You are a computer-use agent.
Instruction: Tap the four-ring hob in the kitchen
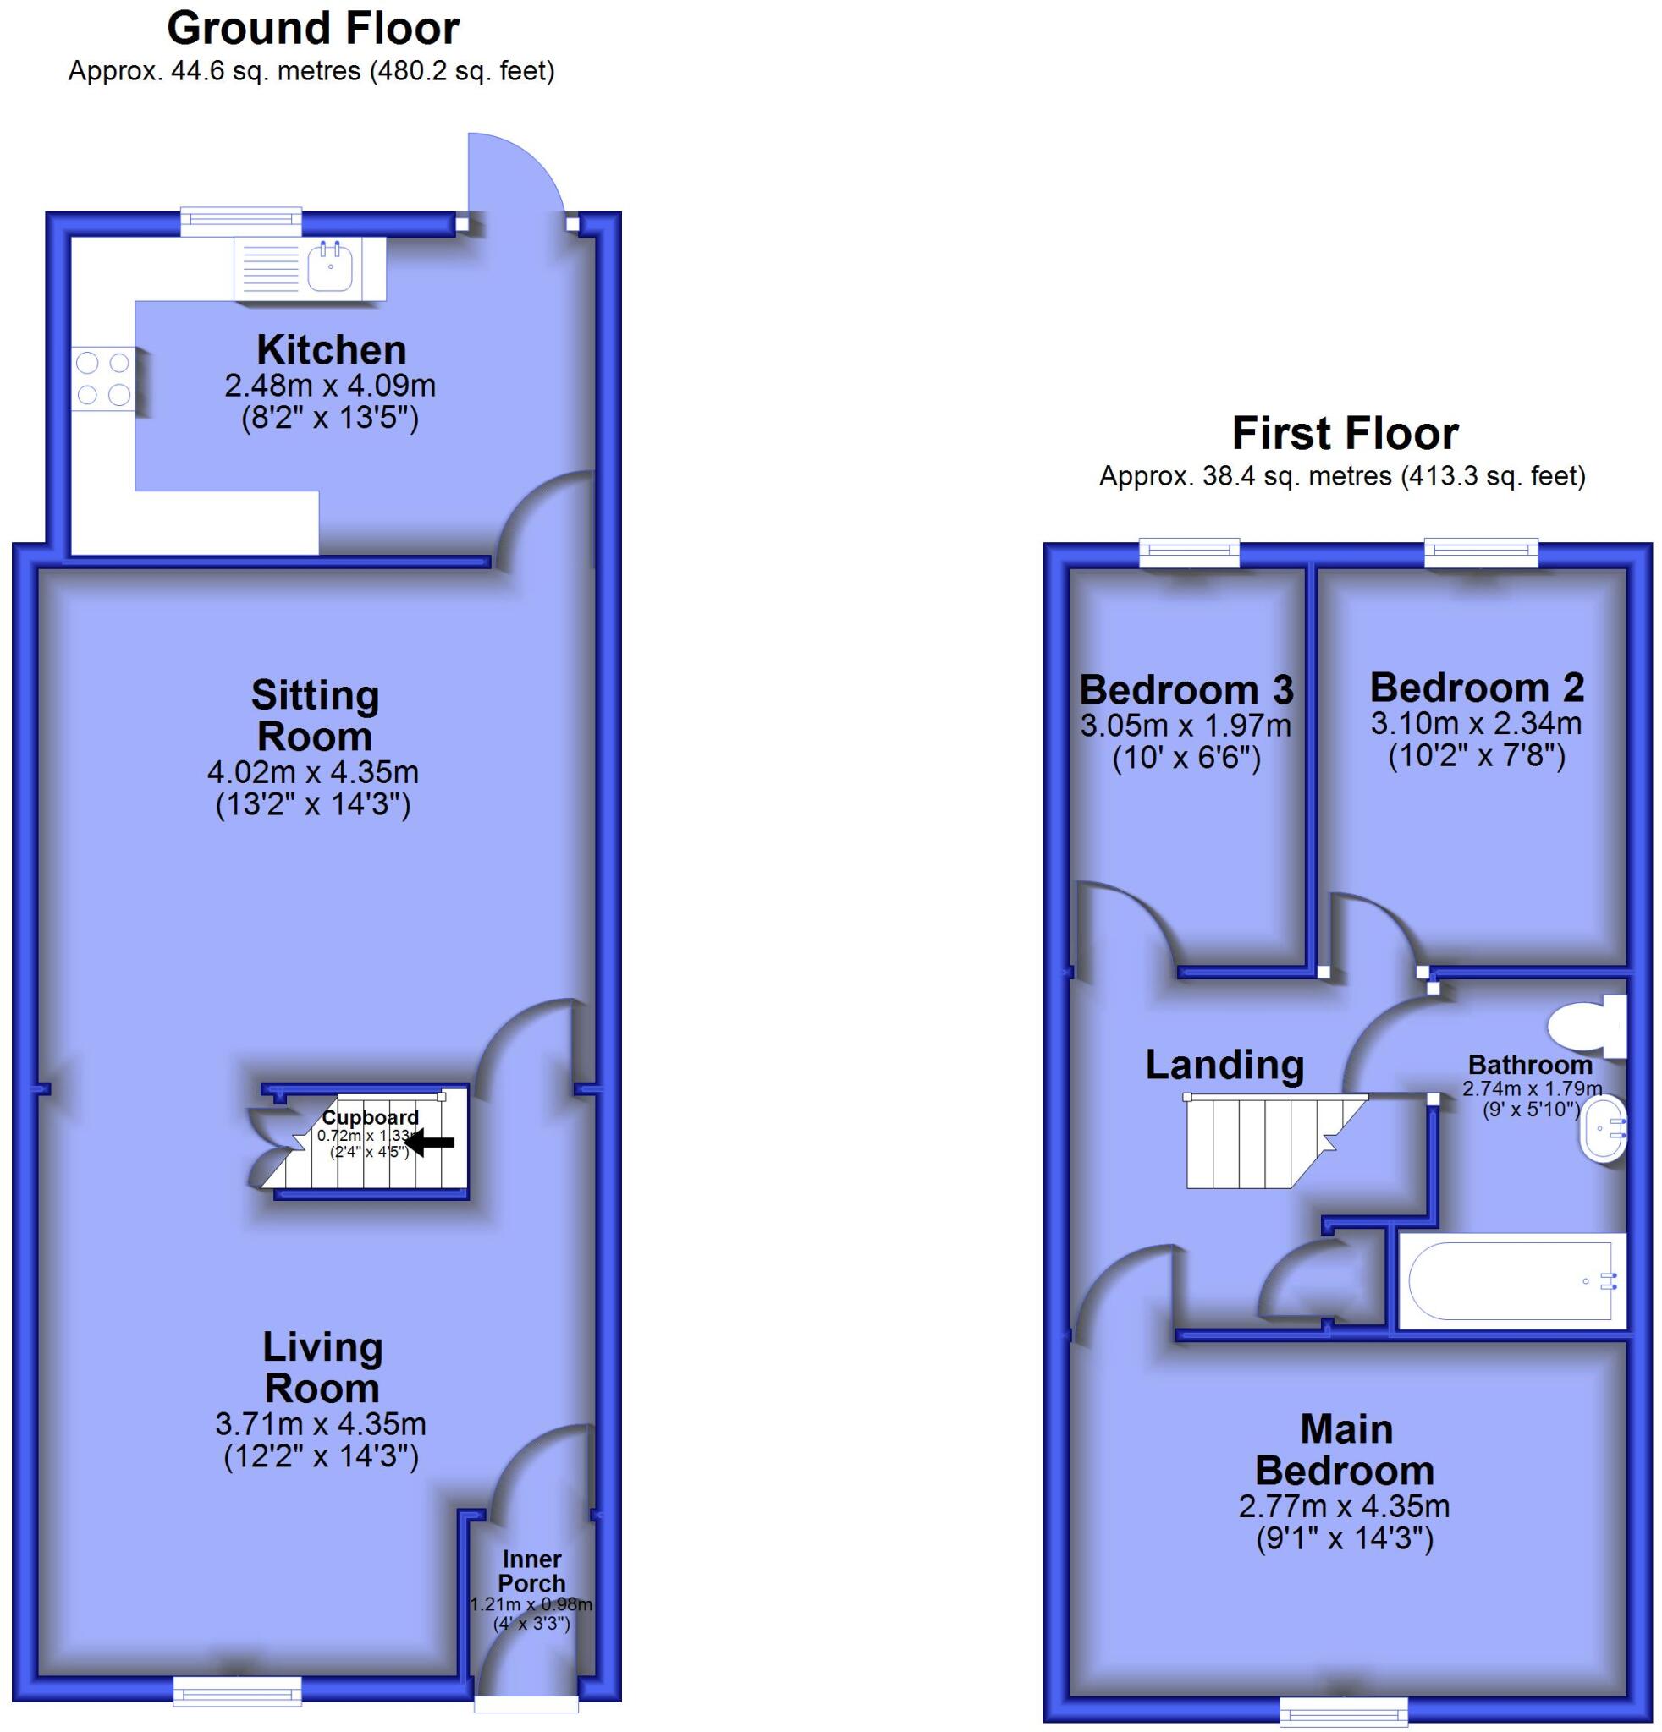click(x=103, y=377)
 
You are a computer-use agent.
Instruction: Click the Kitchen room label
click(x=332, y=350)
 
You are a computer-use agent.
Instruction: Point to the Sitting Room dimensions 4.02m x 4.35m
click(x=312, y=771)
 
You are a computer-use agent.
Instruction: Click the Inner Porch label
click(x=531, y=1571)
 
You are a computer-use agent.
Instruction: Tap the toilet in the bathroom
click(x=1588, y=1027)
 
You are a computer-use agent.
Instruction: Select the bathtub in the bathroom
click(x=1511, y=1280)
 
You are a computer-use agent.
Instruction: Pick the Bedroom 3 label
click(x=1186, y=689)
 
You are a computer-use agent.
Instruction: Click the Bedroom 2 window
click(x=1481, y=554)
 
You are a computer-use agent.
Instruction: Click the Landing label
click(x=1224, y=1064)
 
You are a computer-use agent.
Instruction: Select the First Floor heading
click(x=1345, y=433)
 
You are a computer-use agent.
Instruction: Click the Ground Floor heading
click(x=313, y=28)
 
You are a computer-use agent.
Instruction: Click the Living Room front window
click(x=237, y=1691)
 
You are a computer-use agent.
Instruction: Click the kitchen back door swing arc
click(x=517, y=173)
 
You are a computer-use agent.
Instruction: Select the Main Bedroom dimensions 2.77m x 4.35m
click(x=1344, y=1505)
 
